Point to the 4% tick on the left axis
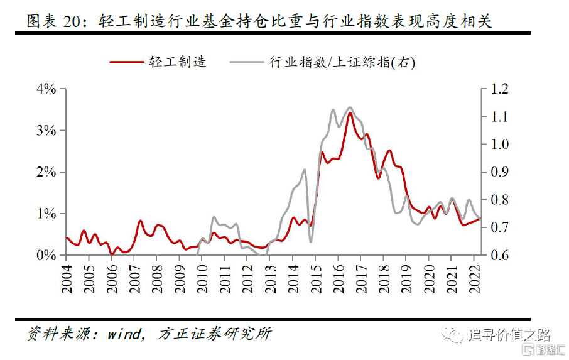[46, 89]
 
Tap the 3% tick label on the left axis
[46, 131]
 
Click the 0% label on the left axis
[46, 255]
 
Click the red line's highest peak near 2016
[350, 113]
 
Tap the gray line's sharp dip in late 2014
[311, 241]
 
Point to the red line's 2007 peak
[140, 221]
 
